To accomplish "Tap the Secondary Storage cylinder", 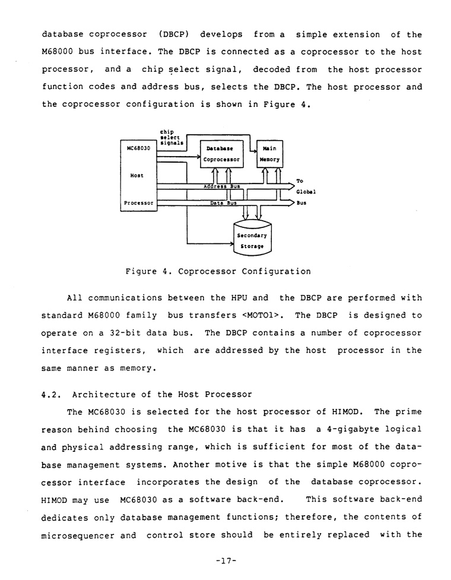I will click(252, 240).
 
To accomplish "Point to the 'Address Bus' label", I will click(221, 186).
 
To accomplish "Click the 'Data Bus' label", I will click(223, 203).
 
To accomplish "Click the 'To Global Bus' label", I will click(305, 192).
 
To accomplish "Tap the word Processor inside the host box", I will click(138, 202).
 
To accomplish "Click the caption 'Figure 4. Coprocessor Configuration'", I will click(218, 272).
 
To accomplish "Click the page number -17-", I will click(225, 559).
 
